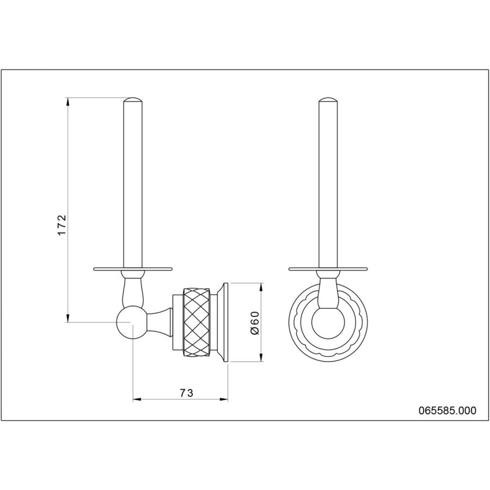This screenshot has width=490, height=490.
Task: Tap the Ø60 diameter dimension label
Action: (x=255, y=323)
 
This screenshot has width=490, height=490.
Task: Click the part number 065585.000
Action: (x=448, y=411)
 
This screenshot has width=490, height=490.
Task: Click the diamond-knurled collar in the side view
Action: (x=197, y=323)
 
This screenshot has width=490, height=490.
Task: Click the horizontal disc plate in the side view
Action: (x=133, y=269)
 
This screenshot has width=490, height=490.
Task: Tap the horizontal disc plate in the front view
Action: (x=328, y=269)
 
